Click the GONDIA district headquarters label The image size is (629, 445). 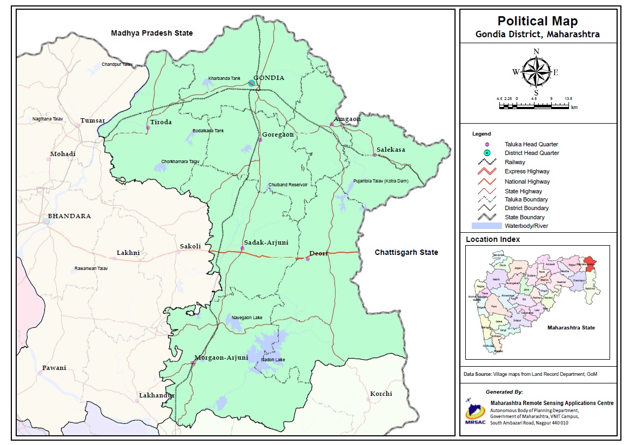point(269,78)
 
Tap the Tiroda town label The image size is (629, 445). point(161,122)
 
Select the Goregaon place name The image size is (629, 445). point(278,134)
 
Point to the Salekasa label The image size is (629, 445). point(391,150)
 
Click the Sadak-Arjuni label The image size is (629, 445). point(266,243)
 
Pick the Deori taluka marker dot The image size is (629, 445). point(307,259)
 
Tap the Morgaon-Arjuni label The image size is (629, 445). point(221,358)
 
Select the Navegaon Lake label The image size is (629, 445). point(246,318)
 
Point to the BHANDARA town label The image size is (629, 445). point(69,216)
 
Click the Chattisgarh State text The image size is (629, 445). point(406,252)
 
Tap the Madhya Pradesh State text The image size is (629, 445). point(152,33)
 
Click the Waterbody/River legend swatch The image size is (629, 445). point(486,226)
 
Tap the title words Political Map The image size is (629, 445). point(537,21)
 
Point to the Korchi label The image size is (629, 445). point(381,394)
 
